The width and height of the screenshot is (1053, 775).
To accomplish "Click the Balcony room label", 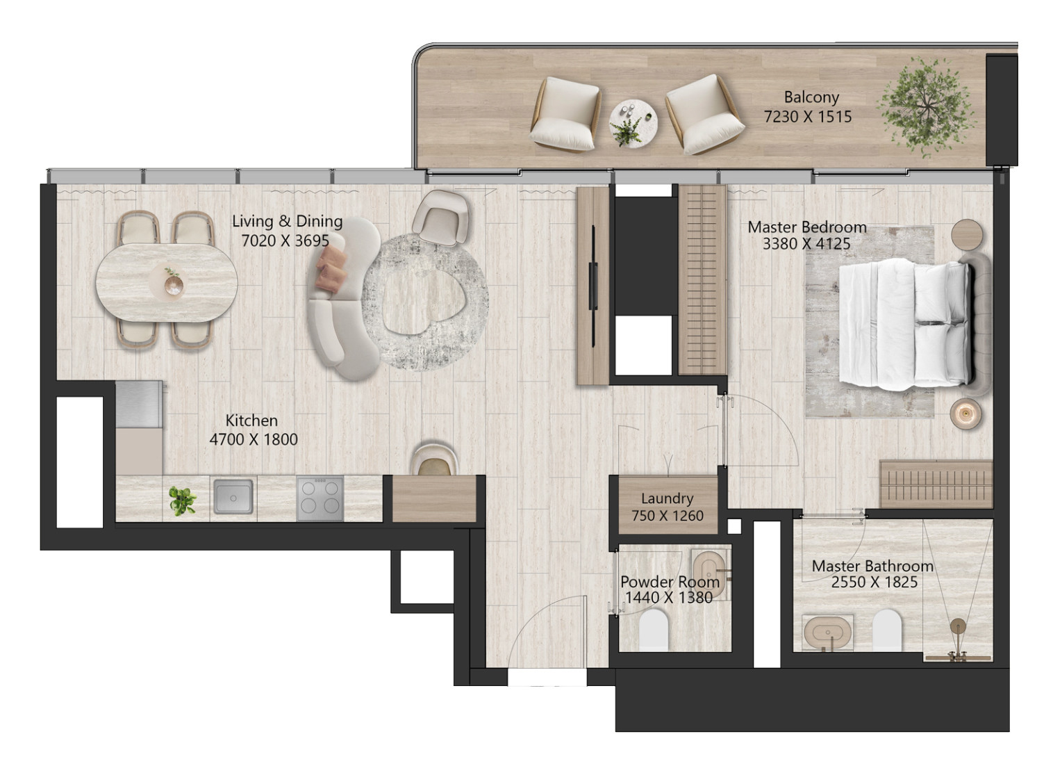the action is click(x=811, y=97).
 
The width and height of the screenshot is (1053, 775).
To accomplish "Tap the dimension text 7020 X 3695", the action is click(x=285, y=240).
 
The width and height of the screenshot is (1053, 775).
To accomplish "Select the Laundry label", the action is click(x=667, y=498).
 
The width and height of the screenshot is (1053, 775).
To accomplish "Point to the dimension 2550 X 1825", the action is click(x=874, y=582).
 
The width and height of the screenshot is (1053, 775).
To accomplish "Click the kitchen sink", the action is click(x=233, y=496).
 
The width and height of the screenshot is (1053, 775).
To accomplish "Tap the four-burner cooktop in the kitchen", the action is click(x=320, y=498).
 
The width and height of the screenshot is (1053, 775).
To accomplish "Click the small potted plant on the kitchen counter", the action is click(x=182, y=500).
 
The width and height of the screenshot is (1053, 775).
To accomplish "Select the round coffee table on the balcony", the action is click(x=633, y=124).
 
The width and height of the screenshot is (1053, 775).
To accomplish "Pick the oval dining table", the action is click(x=167, y=282).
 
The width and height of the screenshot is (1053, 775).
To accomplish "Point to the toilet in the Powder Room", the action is click(x=654, y=630).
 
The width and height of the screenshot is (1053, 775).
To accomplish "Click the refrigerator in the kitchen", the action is click(x=139, y=404).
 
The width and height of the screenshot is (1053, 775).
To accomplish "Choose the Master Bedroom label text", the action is click(x=806, y=227).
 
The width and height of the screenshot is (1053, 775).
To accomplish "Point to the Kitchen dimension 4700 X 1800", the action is click(x=254, y=439).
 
